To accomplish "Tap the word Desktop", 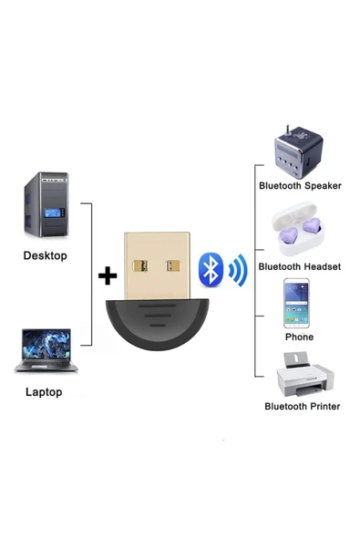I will pyautogui.click(x=45, y=255).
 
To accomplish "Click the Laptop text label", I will pyautogui.click(x=44, y=391).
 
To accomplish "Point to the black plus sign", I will pyautogui.click(x=108, y=275).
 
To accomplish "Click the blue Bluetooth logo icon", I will pyautogui.click(x=211, y=270).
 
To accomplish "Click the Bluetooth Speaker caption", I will pyautogui.click(x=300, y=185).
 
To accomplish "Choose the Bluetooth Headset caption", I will pyautogui.click(x=300, y=266).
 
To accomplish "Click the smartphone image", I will pyautogui.click(x=300, y=304).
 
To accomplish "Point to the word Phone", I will pyautogui.click(x=299, y=337).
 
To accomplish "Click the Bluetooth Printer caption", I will pyautogui.click(x=302, y=406).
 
